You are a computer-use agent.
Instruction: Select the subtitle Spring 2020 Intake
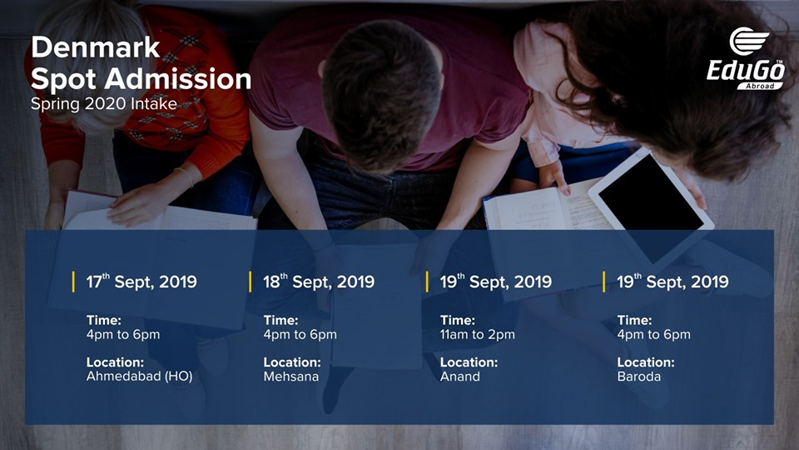click(103, 105)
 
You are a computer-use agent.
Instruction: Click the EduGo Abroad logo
click(746, 59)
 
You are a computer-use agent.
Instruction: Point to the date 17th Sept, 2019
click(141, 282)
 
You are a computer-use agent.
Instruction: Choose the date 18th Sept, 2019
click(319, 282)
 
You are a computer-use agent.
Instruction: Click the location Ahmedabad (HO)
click(139, 377)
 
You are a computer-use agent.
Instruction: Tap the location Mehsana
click(290, 377)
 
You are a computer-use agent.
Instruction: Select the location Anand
click(459, 377)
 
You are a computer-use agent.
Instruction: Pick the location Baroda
click(638, 377)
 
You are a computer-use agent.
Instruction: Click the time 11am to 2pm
click(477, 335)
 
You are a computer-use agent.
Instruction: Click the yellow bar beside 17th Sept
click(73, 282)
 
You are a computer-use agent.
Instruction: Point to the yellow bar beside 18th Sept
click(251, 282)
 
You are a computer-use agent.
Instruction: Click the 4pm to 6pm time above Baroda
click(653, 335)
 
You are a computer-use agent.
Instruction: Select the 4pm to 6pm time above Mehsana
click(300, 335)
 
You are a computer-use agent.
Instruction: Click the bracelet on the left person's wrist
click(185, 176)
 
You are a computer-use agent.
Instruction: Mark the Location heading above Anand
click(469, 362)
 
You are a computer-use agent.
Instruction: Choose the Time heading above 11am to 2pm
click(457, 321)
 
